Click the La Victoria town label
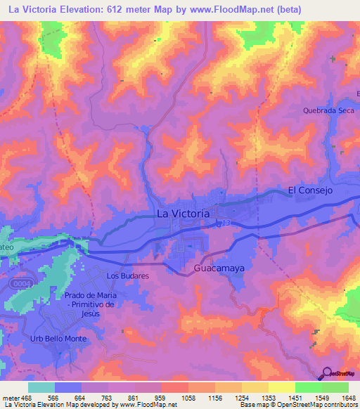point(182,213)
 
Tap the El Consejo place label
point(309,190)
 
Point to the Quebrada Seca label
point(328,110)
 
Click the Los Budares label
point(128,276)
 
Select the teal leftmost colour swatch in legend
point(41,387)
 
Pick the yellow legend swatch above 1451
point(281,387)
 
